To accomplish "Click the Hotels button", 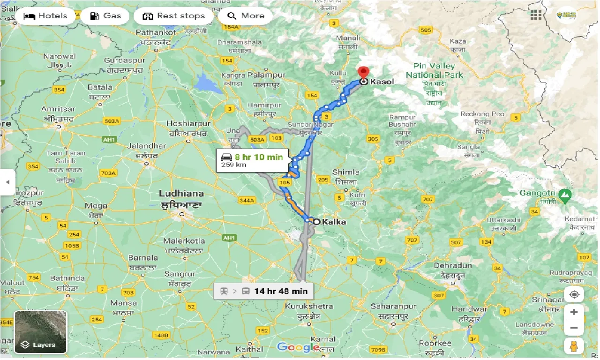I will point(45,16).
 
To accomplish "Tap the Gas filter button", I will point(105,16).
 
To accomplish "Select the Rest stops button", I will point(174,16).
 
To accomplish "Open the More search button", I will point(246,16).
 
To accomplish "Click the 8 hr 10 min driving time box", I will point(253,160).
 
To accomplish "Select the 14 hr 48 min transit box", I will point(263,291).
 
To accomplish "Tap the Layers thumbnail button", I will point(40,332).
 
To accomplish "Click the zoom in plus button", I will point(574,312).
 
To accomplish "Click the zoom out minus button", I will point(574,328).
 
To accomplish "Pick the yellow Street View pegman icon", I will point(574,346).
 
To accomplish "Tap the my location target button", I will point(574,295).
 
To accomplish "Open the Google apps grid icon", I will point(536,15).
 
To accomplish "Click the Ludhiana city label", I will point(181,194).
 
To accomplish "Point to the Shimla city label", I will point(345,172).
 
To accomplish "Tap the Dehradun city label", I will point(452,265).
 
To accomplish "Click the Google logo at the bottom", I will point(298,347).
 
